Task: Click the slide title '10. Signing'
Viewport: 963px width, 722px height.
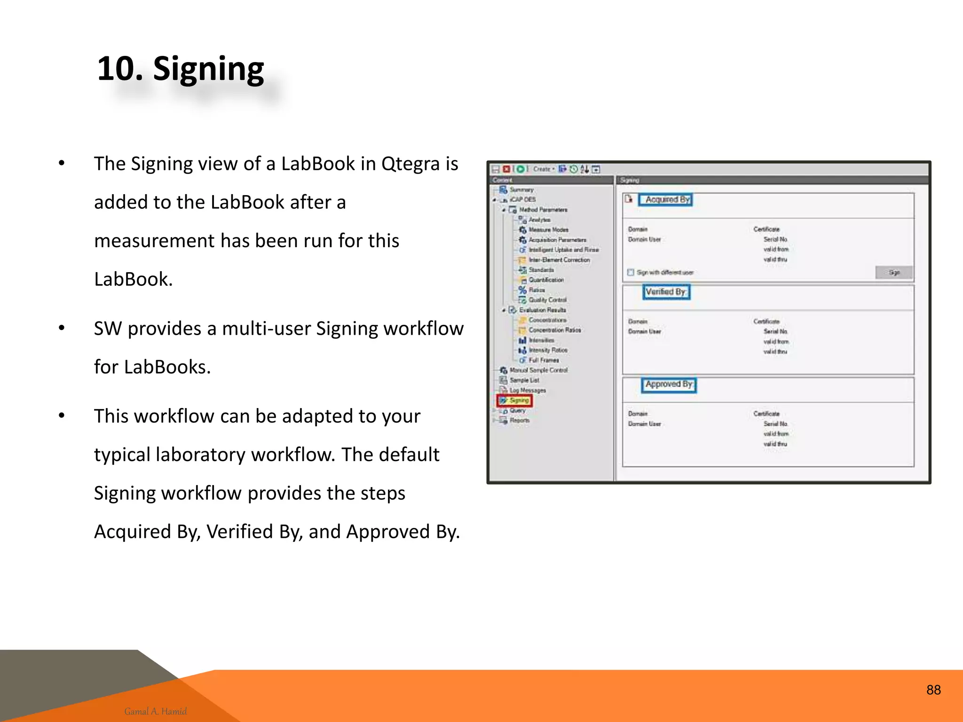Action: point(181,69)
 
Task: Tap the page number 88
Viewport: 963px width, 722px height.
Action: point(933,690)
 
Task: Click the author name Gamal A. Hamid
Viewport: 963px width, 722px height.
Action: point(155,711)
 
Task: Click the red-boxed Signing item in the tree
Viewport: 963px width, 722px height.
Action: point(515,400)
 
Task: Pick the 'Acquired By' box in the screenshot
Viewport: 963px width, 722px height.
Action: point(666,200)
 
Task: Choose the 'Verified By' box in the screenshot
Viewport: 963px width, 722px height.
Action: point(666,292)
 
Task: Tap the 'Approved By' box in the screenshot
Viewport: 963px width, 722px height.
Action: point(669,385)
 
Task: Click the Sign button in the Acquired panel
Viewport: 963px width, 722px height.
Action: point(894,273)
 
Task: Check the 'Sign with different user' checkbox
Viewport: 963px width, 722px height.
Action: point(631,273)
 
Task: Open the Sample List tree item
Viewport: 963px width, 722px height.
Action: point(524,380)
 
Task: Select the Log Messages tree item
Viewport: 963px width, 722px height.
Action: point(528,390)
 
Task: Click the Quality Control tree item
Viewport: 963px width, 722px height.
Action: point(547,300)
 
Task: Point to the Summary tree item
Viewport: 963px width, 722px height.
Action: point(521,190)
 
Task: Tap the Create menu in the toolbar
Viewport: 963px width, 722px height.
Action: point(543,169)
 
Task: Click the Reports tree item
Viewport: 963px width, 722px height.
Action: point(520,420)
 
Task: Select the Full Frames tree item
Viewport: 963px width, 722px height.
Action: point(544,360)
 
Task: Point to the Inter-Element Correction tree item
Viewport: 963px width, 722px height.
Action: point(559,260)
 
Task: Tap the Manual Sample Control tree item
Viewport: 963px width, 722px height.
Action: point(538,370)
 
